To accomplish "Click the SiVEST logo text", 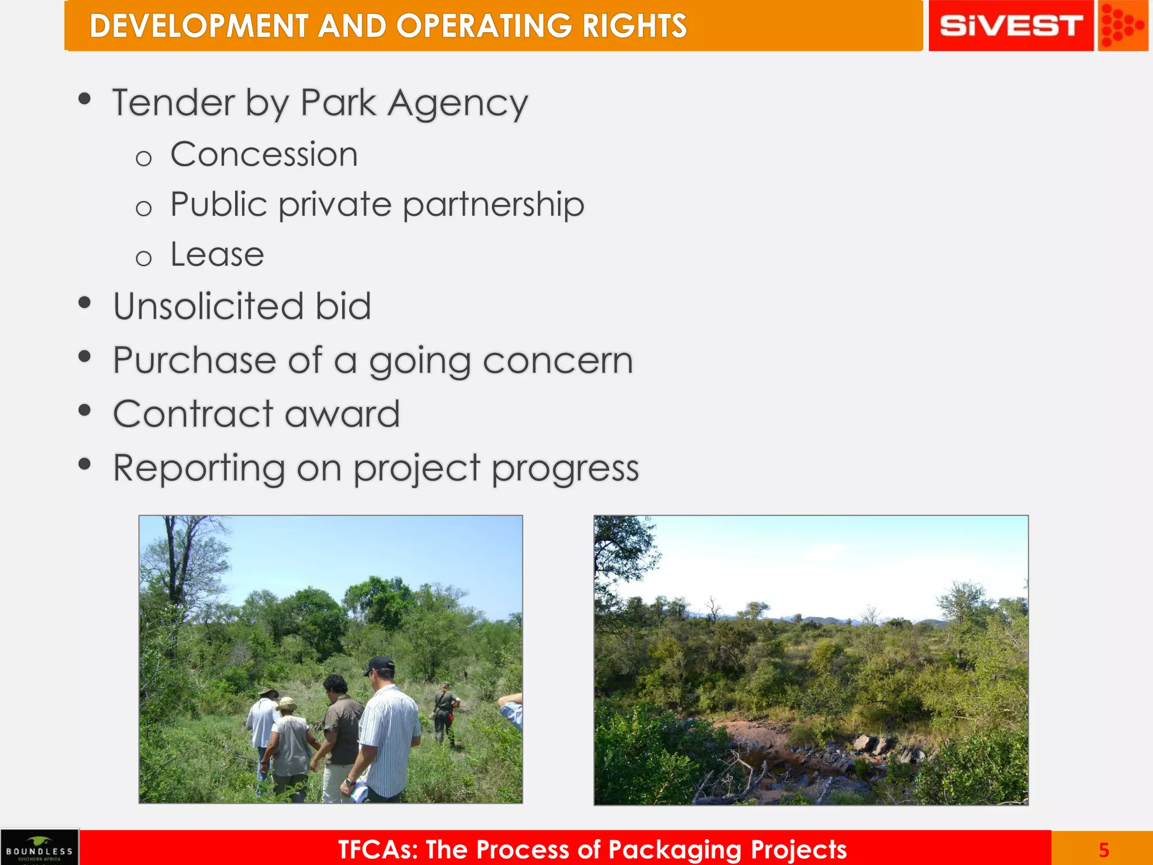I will click(1011, 26).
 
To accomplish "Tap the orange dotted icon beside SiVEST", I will click(1122, 26).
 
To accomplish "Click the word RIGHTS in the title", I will click(634, 26).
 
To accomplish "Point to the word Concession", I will click(263, 154).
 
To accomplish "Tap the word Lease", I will click(217, 255).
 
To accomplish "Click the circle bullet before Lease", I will click(144, 258).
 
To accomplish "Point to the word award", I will click(342, 414).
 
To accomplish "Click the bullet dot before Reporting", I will click(85, 464).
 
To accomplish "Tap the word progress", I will click(565, 469).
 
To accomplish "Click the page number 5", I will click(1103, 849).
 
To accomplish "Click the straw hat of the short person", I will click(287, 704).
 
